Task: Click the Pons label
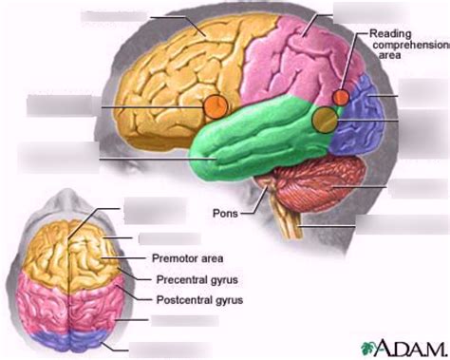point(225,213)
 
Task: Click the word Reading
point(391,32)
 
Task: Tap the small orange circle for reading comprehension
point(341,97)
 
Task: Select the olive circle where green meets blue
point(325,119)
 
